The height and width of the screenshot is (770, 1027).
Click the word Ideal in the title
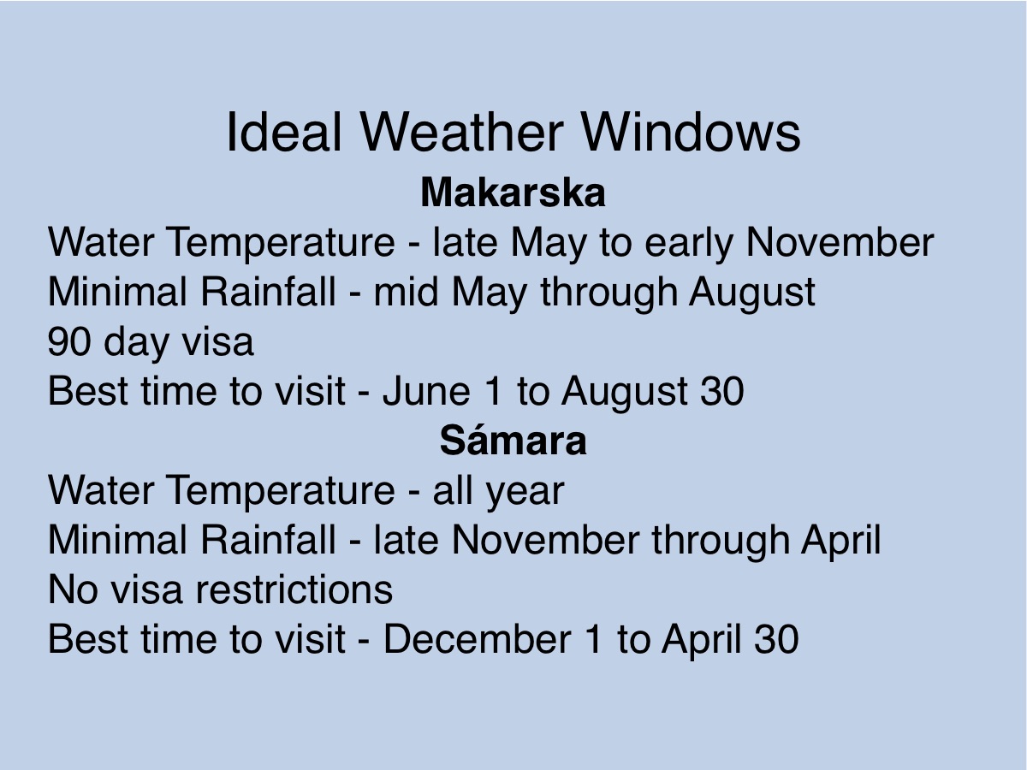coord(284,133)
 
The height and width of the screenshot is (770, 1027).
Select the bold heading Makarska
coord(513,192)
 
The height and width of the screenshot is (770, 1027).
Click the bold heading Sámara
coord(513,441)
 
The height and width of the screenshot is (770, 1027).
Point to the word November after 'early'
coord(840,242)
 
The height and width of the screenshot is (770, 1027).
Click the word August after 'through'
coord(752,292)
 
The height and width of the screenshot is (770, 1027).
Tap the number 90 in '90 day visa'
coord(68,341)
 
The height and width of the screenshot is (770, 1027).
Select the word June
coord(426,391)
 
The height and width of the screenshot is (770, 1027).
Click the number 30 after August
coord(722,391)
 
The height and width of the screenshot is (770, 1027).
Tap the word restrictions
coord(294,589)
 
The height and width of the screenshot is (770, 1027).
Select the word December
coord(478,639)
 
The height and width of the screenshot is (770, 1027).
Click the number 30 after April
coord(777,639)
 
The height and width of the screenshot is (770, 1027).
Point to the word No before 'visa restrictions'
coord(73,589)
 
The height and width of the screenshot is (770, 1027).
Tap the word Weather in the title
coord(461,133)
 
